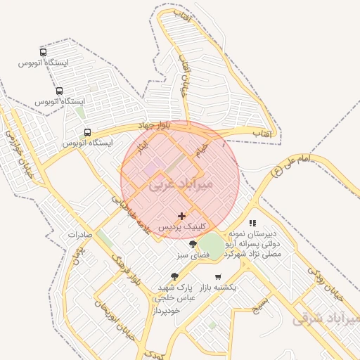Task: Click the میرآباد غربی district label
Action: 181,184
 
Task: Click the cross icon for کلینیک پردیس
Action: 182,216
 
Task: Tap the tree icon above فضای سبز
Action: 193,243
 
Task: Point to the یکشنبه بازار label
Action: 218,288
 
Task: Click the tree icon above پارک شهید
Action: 174,276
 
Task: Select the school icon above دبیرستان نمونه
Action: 252,223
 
